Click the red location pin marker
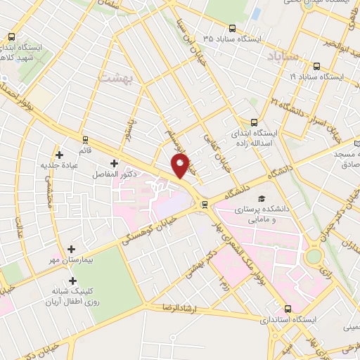click(x=181, y=167)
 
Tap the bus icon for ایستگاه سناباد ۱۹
click(x=316, y=67)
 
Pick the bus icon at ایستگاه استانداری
click(x=288, y=309)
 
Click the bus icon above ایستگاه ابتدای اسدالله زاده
click(x=255, y=121)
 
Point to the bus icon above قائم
click(x=86, y=140)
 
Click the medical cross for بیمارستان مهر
click(x=72, y=249)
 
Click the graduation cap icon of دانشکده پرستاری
click(x=262, y=199)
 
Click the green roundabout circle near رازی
click(x=314, y=258)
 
